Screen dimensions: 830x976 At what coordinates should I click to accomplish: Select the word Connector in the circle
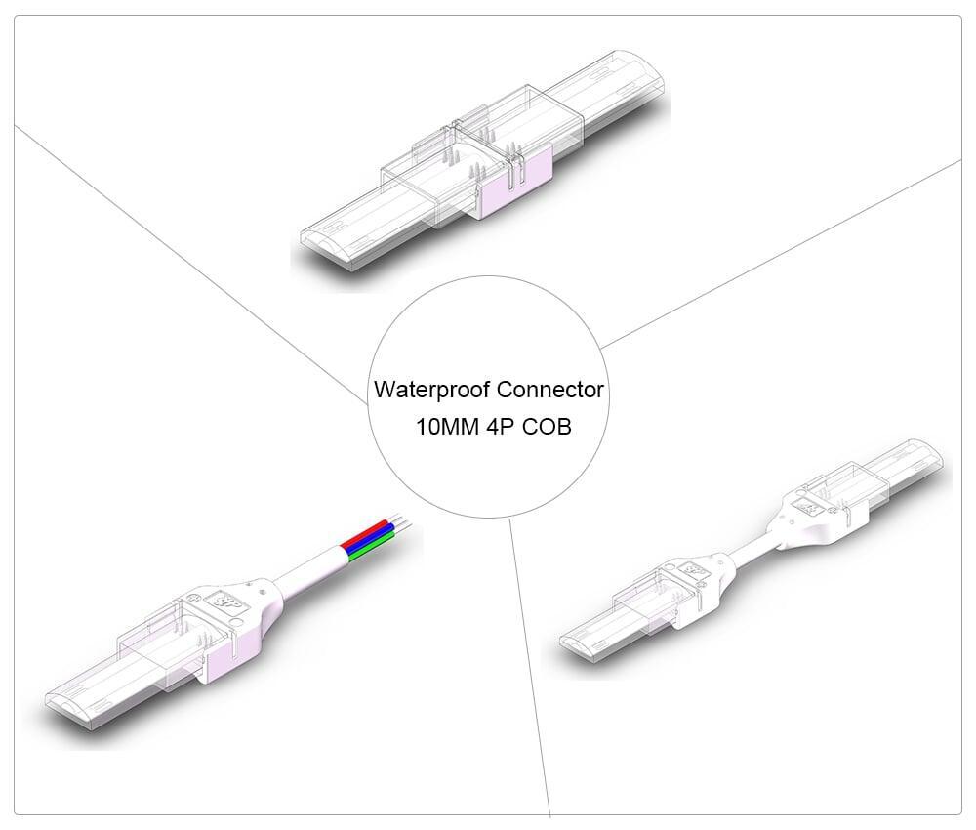point(550,391)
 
